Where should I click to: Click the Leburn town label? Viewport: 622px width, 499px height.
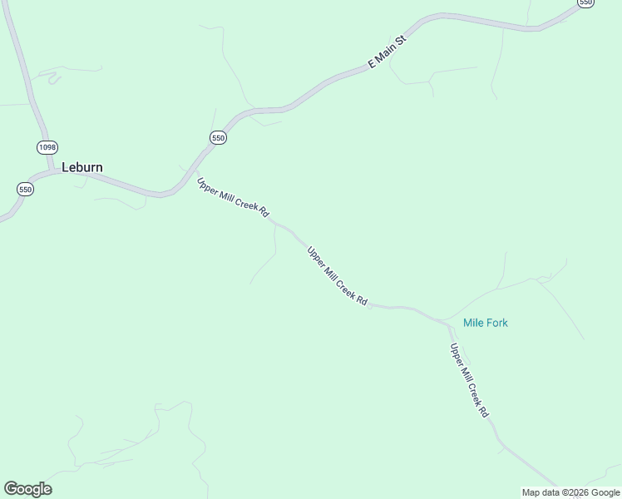click(x=82, y=167)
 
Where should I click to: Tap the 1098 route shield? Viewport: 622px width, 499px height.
click(x=47, y=147)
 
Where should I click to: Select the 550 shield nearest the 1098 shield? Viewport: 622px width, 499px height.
click(x=25, y=190)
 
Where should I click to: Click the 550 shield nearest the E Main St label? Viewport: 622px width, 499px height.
click(x=218, y=138)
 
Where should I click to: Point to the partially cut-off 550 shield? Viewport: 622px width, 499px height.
click(x=585, y=3)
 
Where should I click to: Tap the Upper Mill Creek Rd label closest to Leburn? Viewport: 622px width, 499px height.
click(x=233, y=198)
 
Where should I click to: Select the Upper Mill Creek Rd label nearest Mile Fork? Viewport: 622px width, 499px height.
click(x=469, y=380)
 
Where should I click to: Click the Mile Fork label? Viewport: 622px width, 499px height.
click(x=485, y=323)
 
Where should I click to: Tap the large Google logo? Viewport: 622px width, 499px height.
click(x=27, y=489)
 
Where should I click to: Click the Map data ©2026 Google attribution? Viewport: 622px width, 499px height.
click(x=570, y=492)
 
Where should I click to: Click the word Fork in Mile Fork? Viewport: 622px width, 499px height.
click(x=496, y=323)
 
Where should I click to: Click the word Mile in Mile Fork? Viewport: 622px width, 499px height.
click(x=473, y=323)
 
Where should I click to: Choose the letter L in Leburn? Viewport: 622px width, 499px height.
click(x=65, y=167)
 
